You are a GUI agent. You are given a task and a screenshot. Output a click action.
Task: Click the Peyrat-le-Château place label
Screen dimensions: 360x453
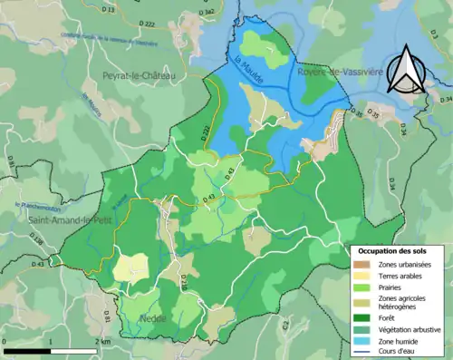138,77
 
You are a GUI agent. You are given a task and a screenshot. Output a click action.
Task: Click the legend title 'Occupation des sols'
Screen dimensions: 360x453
395,249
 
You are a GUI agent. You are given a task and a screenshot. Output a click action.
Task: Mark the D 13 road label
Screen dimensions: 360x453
108,9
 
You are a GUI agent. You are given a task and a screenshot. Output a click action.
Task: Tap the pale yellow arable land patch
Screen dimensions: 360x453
130,268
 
